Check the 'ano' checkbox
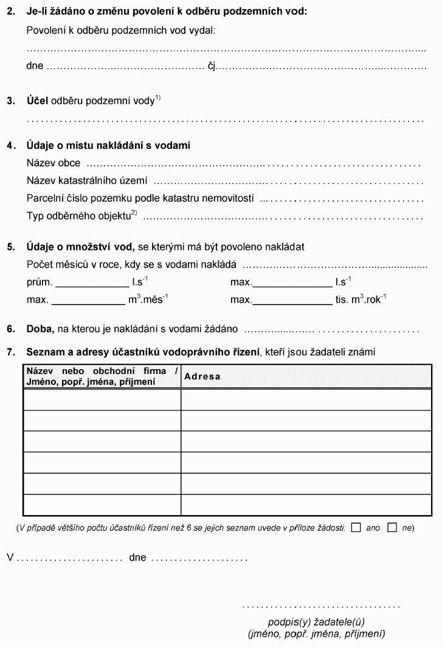point(356,528)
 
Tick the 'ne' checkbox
point(392,528)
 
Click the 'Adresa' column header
point(202,376)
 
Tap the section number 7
point(10,351)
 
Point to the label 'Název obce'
point(54,164)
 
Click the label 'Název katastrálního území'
point(88,181)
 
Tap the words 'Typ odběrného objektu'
point(79,216)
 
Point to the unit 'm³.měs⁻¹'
point(148,300)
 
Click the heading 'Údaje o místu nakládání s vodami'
point(108,146)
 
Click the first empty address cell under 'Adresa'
point(306,400)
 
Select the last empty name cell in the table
point(102,505)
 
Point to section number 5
point(10,247)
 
